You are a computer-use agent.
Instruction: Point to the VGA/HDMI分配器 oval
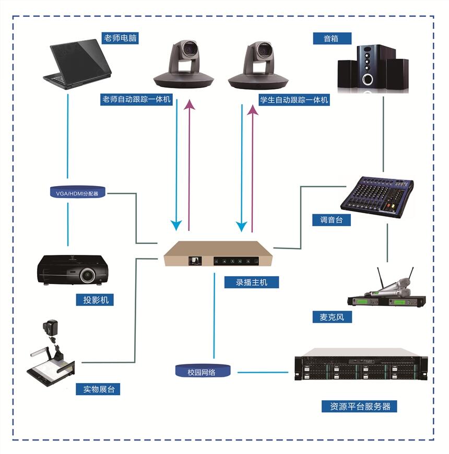click(77, 193)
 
